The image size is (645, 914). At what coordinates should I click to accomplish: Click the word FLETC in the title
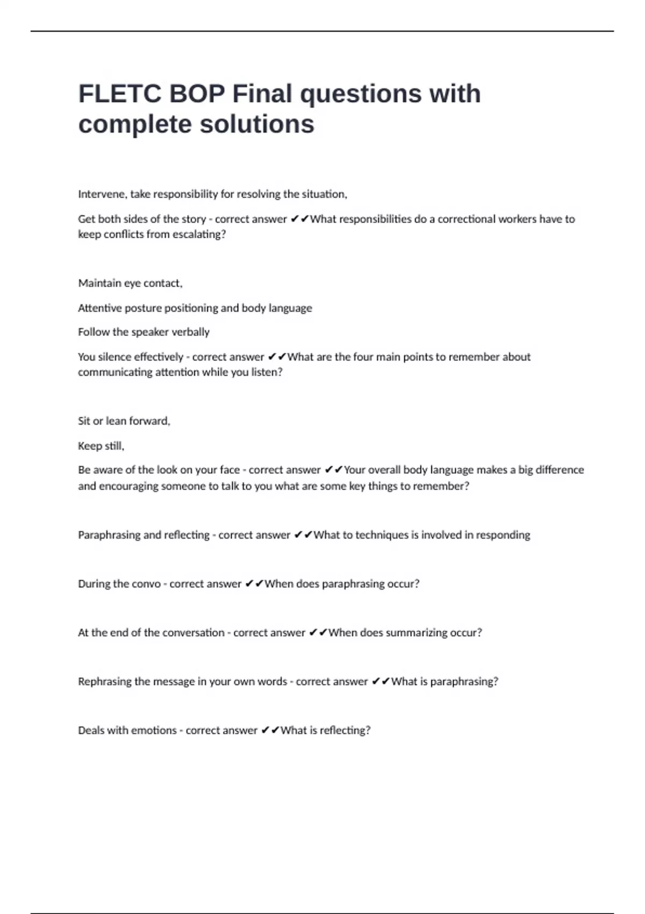(120, 94)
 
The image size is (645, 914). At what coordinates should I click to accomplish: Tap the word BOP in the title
(197, 94)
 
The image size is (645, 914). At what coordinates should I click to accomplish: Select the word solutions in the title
(257, 124)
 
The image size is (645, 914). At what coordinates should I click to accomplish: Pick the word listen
(267, 372)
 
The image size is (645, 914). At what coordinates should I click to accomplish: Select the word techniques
(382, 535)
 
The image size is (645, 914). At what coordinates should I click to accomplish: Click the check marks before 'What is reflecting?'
(270, 730)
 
